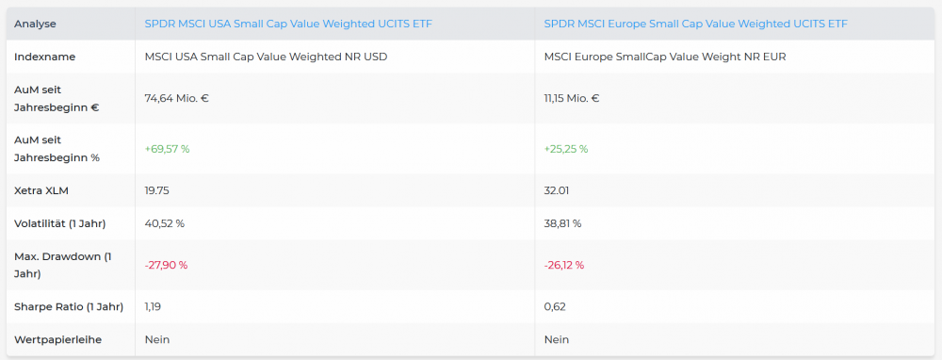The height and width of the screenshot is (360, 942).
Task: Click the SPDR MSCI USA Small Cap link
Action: pos(288,25)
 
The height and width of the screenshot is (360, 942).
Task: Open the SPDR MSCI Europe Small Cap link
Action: pos(696,25)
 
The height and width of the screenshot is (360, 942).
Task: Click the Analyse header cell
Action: pos(35,25)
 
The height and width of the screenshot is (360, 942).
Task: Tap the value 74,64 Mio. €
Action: pos(177,98)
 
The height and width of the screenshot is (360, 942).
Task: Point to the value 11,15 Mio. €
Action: pos(572,98)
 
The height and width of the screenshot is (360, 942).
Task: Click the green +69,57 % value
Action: pos(167,149)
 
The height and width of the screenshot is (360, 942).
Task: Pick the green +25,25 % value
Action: pos(566,149)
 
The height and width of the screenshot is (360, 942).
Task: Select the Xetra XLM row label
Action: pos(40,191)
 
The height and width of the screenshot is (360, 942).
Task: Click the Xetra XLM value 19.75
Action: pos(157,191)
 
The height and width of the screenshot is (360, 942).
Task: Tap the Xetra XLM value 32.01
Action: pos(557,191)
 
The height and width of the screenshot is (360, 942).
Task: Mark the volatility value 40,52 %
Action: pos(165,223)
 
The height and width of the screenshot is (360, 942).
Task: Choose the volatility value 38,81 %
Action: pos(563,223)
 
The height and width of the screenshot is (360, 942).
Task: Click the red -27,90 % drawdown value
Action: pos(166,265)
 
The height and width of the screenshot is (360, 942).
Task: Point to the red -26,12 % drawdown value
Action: pos(564,265)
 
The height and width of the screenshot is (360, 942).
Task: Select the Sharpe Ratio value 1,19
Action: pos(153,307)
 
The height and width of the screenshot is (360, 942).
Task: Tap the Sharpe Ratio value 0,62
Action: pos(555,307)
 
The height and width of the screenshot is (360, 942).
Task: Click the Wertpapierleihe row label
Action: pos(57,339)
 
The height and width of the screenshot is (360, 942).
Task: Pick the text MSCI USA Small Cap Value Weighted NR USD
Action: pos(267,57)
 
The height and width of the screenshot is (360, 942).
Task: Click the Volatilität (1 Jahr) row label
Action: pos(60,223)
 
